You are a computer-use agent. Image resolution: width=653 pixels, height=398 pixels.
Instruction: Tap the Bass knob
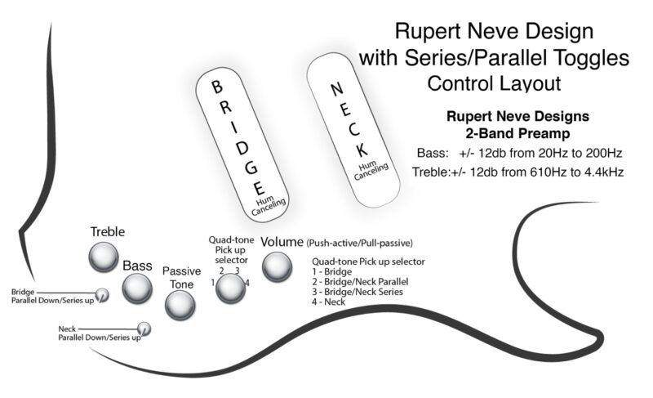137,287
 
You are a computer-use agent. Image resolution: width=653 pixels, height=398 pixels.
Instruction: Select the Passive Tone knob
180,305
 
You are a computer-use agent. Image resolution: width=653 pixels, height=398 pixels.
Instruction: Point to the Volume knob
277,265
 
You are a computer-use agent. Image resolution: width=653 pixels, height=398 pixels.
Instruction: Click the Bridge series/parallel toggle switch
102,295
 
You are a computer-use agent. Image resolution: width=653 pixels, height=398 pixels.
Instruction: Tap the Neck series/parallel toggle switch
144,329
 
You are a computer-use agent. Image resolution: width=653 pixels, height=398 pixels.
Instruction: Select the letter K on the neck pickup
360,150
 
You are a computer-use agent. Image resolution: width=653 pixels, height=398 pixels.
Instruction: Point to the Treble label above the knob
108,232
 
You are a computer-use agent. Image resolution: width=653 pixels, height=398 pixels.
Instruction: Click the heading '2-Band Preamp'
506,133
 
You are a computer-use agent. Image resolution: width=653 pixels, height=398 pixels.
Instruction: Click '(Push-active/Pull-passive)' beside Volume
360,243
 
